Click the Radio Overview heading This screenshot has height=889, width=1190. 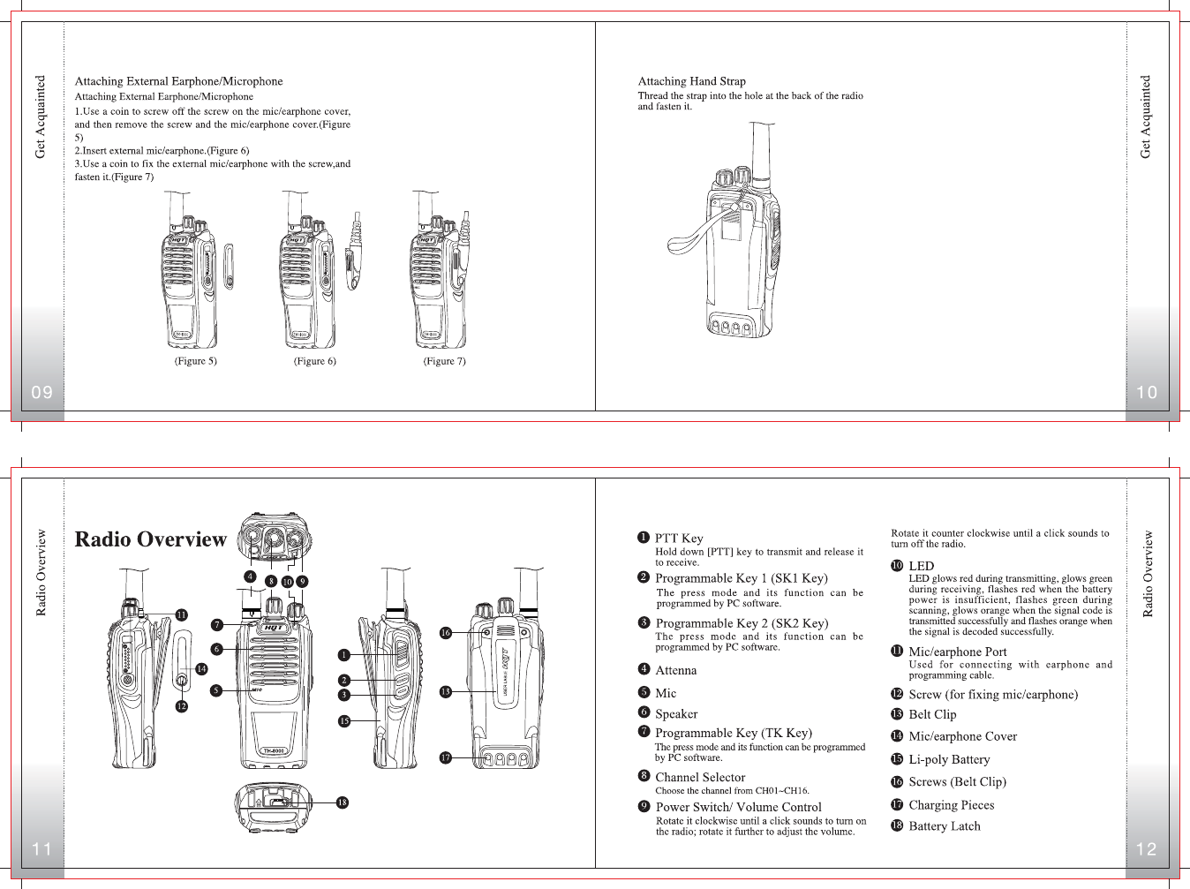coord(151,539)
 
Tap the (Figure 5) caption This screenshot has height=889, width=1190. coord(195,361)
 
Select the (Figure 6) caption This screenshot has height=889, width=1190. coord(314,361)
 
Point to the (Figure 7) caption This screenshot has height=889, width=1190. coord(444,361)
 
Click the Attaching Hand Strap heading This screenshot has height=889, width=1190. coord(691,81)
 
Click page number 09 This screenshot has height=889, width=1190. coord(41,393)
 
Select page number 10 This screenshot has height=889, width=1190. coord(1147,393)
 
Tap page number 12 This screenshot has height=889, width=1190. coord(1147,849)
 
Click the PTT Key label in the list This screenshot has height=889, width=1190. coord(679,539)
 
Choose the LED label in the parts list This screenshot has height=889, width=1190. coord(921,566)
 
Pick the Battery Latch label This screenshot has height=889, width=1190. coord(944,826)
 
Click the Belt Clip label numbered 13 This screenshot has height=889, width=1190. coord(932,715)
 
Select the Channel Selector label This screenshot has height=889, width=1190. coord(700,778)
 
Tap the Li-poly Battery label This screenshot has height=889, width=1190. coord(949,759)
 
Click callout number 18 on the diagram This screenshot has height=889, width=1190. coord(342,802)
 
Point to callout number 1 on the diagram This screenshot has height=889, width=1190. coord(344,655)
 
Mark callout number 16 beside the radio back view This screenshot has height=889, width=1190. coord(446,633)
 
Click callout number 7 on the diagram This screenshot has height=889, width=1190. coord(216,625)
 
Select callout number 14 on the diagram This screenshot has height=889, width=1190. coord(201,669)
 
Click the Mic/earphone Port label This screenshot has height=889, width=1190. coord(957,652)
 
